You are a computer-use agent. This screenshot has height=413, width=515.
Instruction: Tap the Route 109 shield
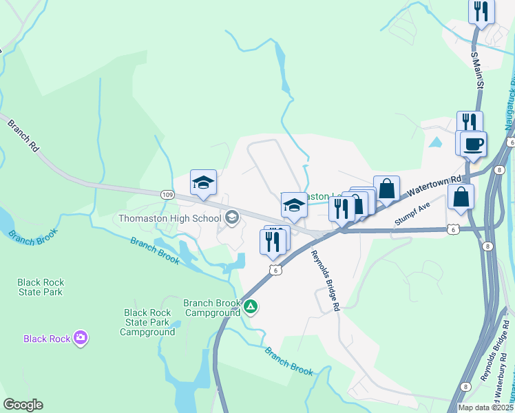(167, 195)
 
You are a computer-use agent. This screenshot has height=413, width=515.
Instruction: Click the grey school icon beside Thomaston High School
(232, 218)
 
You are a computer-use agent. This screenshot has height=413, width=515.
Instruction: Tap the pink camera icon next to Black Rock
(81, 337)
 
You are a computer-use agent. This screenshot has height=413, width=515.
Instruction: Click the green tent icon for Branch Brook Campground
(251, 307)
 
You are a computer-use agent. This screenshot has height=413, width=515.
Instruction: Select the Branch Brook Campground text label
(212, 308)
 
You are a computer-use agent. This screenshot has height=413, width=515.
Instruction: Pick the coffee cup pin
(473, 145)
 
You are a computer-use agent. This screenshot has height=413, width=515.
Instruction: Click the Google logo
(23, 405)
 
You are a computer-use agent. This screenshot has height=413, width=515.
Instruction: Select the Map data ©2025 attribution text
(485, 407)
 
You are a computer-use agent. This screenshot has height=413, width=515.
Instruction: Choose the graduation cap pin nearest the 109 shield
(203, 182)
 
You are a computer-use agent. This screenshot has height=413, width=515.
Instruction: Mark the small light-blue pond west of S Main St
(435, 142)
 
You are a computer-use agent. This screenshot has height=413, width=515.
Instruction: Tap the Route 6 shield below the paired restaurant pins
(275, 271)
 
